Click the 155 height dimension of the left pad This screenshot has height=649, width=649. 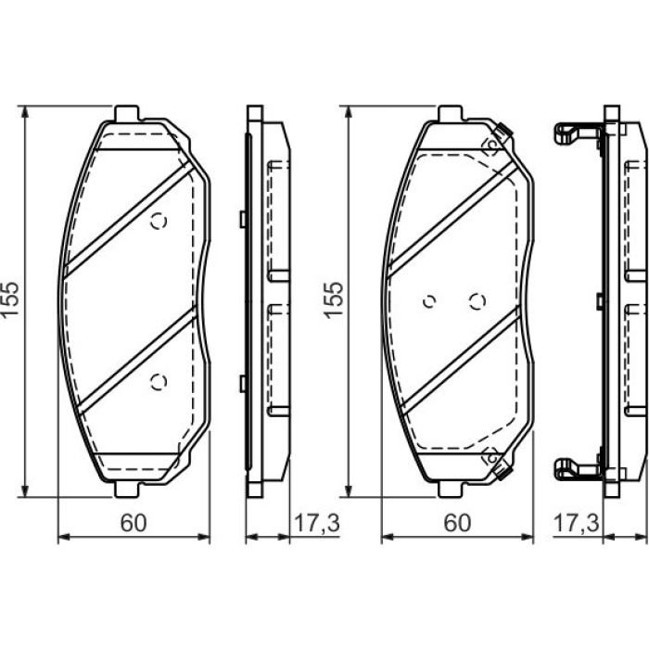[x=10, y=299]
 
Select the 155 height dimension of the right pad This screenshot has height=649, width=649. [x=334, y=299]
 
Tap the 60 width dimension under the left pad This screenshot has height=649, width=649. [x=134, y=523]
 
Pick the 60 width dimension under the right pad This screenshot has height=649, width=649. [x=457, y=523]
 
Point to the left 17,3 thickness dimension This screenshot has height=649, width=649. [x=317, y=523]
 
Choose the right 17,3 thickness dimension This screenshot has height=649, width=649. [x=576, y=523]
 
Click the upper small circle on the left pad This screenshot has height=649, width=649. [x=159, y=221]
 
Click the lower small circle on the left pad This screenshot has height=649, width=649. [x=159, y=382]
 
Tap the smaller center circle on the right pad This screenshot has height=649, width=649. [x=429, y=301]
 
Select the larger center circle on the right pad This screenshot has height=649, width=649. [x=477, y=301]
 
